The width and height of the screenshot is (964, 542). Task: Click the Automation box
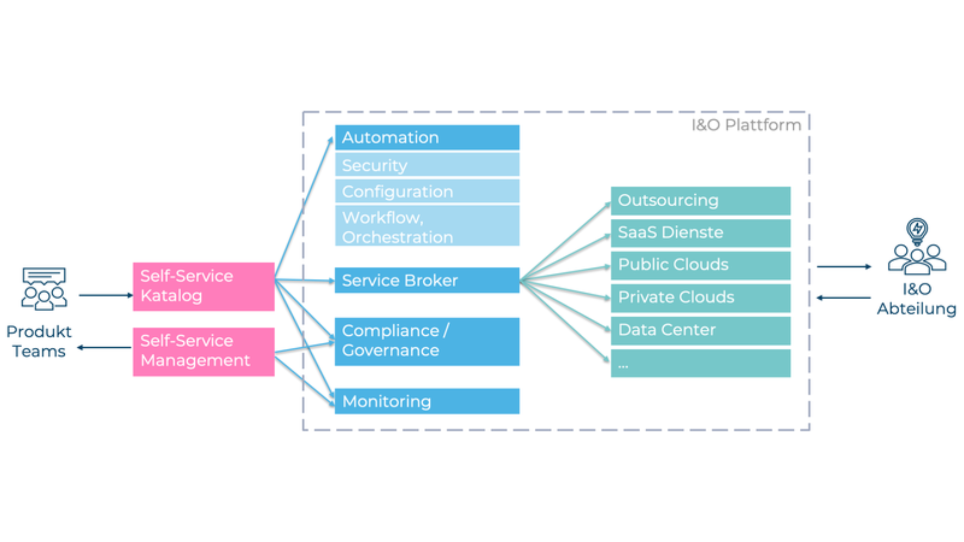(427, 138)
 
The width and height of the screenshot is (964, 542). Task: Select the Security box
(427, 165)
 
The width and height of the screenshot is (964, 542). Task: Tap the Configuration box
(427, 191)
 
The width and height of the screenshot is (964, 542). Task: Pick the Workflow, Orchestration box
(427, 226)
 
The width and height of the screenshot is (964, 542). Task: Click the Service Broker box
(427, 280)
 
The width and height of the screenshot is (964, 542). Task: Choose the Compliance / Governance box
(427, 341)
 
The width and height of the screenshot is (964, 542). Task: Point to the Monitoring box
(427, 401)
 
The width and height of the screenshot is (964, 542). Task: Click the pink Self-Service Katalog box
(203, 286)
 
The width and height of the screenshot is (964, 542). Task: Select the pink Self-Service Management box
(203, 351)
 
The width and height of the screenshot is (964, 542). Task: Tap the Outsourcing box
(700, 200)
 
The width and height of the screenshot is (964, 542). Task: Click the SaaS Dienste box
(700, 233)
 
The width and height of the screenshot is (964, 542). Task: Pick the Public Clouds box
(700, 265)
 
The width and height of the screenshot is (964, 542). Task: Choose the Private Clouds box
(700, 298)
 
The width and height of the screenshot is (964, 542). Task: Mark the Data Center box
(700, 330)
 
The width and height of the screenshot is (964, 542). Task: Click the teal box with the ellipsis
(700, 363)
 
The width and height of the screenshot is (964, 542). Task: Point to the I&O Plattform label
(746, 125)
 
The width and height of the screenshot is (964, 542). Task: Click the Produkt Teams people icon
(44, 289)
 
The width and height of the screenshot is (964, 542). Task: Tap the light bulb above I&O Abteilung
(917, 230)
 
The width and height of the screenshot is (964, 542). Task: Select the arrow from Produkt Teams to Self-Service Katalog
(105, 295)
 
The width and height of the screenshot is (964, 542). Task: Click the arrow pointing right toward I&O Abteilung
(843, 266)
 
